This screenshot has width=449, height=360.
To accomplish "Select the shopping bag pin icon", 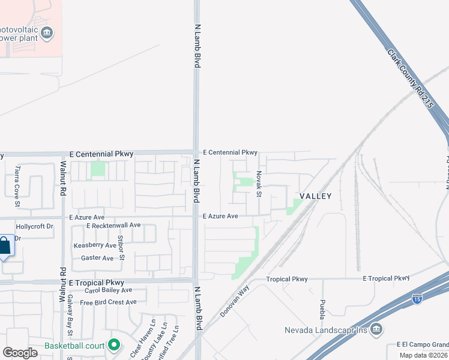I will (4, 245).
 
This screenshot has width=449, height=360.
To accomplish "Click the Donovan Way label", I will (234, 301).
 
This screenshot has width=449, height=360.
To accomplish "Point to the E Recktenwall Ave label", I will (113, 226).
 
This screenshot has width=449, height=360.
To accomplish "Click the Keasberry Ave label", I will (95, 245).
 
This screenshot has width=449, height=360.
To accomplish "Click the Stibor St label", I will (121, 248).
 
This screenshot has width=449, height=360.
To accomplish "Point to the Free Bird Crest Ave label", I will (108, 302).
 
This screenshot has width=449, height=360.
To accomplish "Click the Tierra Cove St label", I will (17, 187).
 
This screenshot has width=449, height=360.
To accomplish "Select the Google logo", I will (20, 353).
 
